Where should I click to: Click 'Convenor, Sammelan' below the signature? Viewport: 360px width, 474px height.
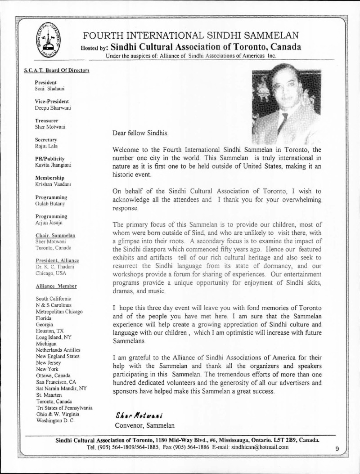[144, 425]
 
